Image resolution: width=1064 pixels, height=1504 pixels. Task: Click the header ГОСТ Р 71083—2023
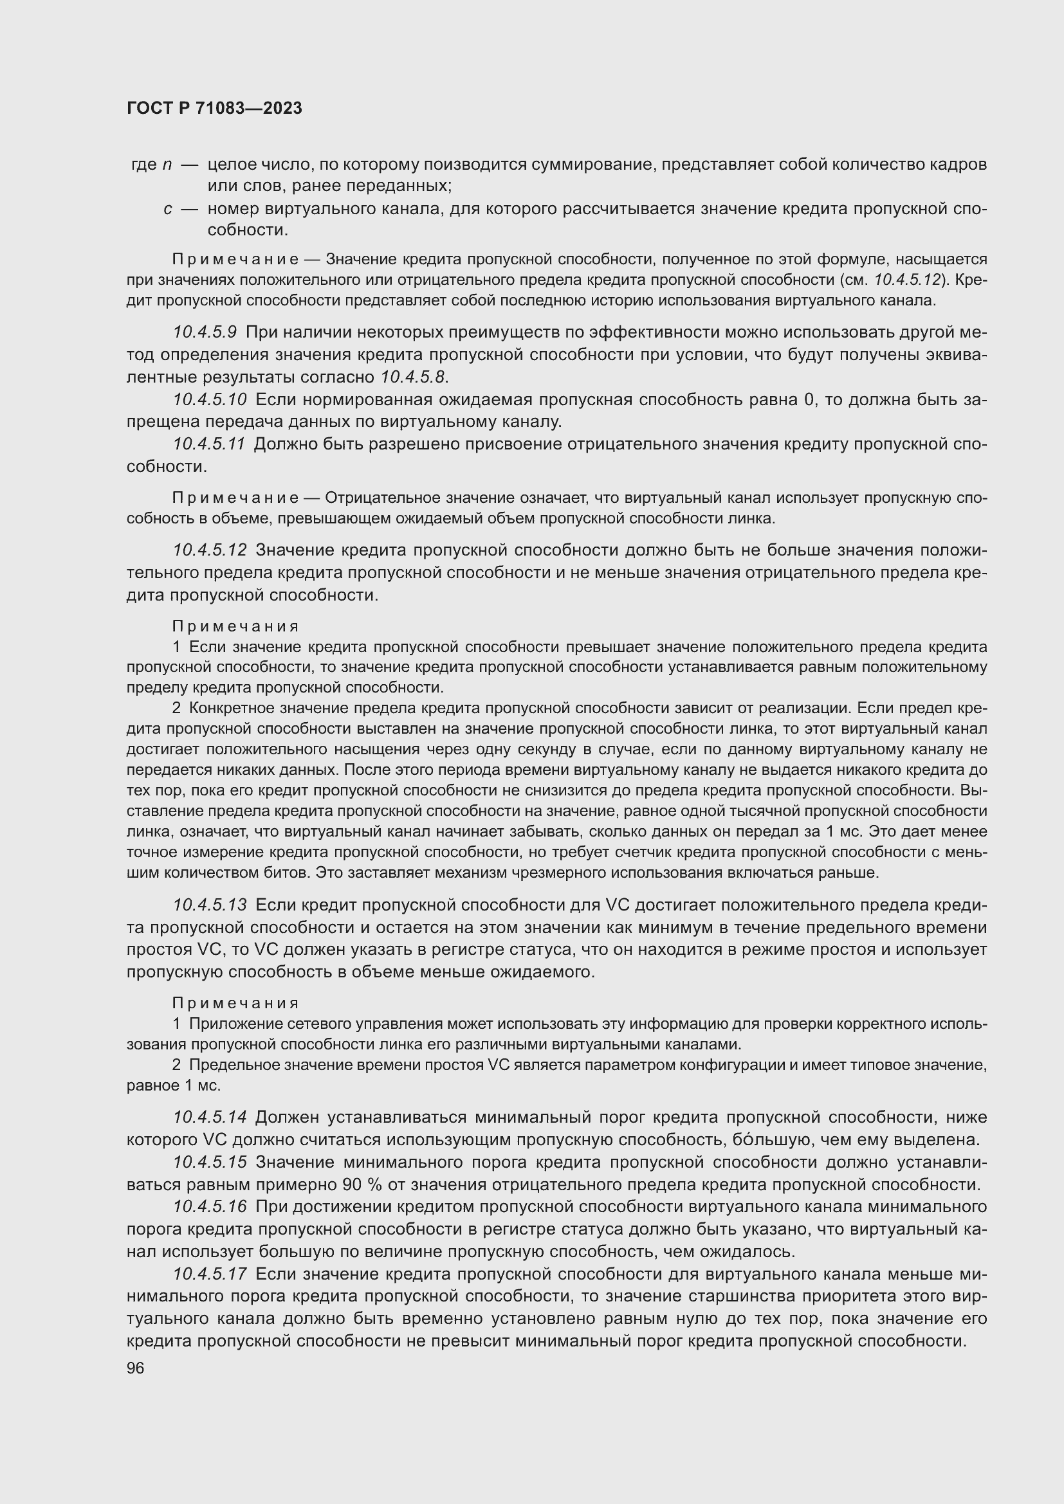pyautogui.click(x=214, y=108)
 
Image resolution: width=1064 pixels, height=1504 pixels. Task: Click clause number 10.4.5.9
pyautogui.click(x=205, y=332)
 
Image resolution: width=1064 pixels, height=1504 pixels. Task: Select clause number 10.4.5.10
pyautogui.click(x=210, y=399)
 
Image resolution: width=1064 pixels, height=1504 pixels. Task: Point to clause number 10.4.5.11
pyautogui.click(x=209, y=444)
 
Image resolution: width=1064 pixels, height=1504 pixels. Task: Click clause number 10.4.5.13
pyautogui.click(x=210, y=905)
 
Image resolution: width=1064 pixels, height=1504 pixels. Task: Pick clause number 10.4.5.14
pyautogui.click(x=210, y=1117)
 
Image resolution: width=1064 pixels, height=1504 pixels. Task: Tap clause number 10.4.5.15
pyautogui.click(x=210, y=1162)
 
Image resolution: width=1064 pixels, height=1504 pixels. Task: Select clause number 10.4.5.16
pyautogui.click(x=210, y=1206)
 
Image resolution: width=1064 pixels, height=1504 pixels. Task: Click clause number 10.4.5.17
pyautogui.click(x=210, y=1274)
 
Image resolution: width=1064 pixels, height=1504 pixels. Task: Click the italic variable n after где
pyautogui.click(x=167, y=165)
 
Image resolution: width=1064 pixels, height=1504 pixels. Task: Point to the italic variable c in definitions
pyautogui.click(x=169, y=210)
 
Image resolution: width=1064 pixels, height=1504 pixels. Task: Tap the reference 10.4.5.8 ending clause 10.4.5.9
pyautogui.click(x=413, y=377)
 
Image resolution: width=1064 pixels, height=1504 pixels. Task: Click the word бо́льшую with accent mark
pyautogui.click(x=771, y=1139)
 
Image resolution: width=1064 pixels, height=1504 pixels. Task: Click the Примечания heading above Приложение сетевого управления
pyautogui.click(x=235, y=1003)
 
